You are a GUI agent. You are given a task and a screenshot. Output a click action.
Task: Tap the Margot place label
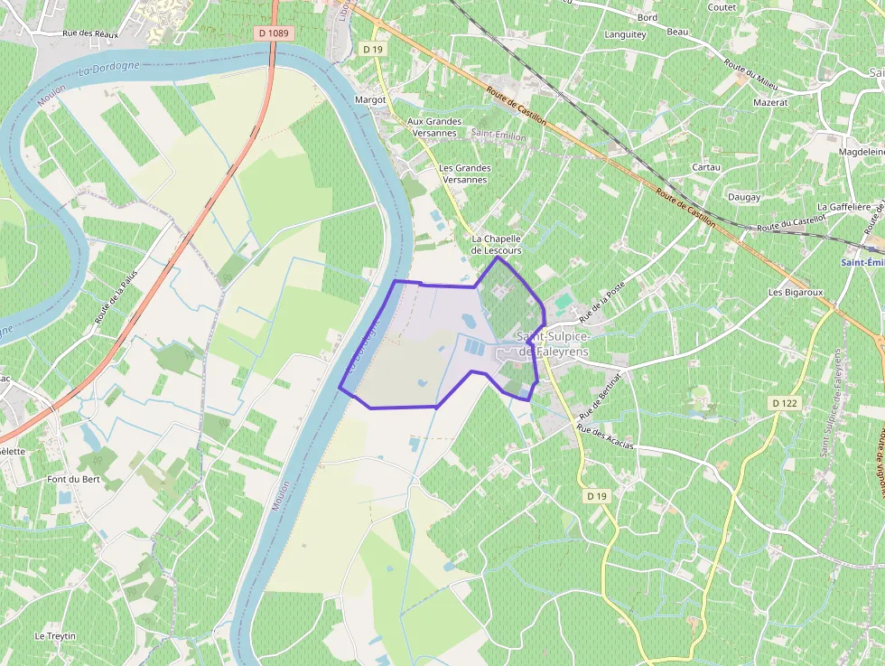point(370,99)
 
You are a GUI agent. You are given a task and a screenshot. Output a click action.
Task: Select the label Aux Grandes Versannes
point(434,127)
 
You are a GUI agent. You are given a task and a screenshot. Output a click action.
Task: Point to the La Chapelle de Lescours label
point(497,244)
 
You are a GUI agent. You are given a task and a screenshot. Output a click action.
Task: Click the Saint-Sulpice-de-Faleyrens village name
point(553,343)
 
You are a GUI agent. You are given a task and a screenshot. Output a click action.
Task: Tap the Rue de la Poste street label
point(602,301)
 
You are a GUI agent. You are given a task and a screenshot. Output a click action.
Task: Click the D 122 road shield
point(785,403)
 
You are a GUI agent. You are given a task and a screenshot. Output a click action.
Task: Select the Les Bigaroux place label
point(796,293)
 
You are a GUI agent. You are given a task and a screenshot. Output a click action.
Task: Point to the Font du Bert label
point(73,479)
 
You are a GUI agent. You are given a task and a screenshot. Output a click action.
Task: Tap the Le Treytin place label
point(55,636)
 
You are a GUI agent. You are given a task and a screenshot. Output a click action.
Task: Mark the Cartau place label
point(705,167)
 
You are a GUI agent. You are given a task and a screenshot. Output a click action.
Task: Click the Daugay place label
point(744,197)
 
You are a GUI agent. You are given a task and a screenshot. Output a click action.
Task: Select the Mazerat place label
point(770,103)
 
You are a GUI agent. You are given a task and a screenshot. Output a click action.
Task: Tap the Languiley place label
point(625,35)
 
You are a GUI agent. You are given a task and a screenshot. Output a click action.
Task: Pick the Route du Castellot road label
point(792,223)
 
